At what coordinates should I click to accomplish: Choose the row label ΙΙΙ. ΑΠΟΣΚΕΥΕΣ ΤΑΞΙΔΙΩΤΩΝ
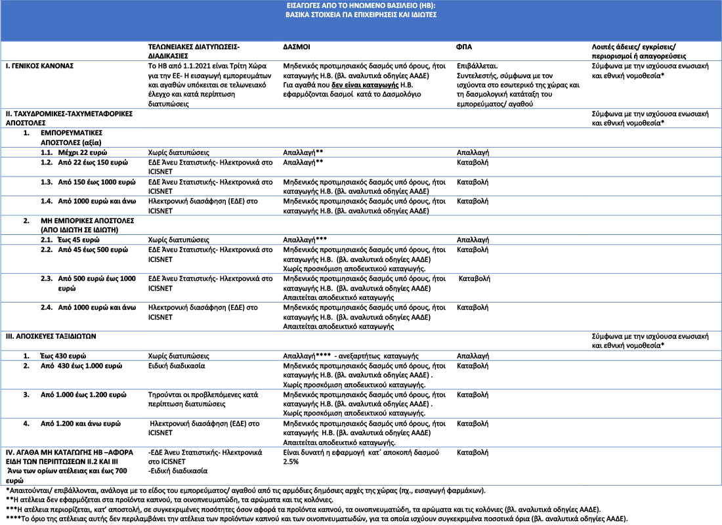click(51, 336)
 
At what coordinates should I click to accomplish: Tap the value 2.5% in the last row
click(291, 462)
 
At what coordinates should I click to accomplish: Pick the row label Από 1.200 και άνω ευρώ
click(81, 424)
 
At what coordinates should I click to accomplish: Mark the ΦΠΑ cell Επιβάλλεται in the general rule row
click(477, 66)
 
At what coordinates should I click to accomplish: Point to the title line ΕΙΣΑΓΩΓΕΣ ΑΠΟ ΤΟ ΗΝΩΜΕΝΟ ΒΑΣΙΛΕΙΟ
click(360, 5)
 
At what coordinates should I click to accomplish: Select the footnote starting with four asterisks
click(316, 518)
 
